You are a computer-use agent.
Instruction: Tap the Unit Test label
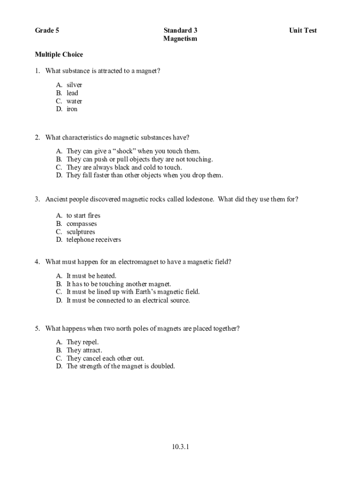[302, 30]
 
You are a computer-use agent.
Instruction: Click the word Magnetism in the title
[180, 39]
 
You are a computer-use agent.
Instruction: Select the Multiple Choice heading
[59, 55]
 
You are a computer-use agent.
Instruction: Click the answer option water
[74, 101]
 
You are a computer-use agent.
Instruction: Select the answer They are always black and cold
[124, 167]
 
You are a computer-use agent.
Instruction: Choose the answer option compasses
[81, 224]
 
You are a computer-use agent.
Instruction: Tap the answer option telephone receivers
[94, 239]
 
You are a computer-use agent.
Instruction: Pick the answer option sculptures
[80, 232]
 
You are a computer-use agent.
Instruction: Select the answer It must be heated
[91, 276]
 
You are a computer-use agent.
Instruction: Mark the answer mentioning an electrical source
[128, 300]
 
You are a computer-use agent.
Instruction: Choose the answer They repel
[82, 342]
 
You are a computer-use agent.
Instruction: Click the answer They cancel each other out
[105, 358]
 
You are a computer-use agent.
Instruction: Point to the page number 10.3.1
[180, 447]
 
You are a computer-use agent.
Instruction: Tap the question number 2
[37, 138]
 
